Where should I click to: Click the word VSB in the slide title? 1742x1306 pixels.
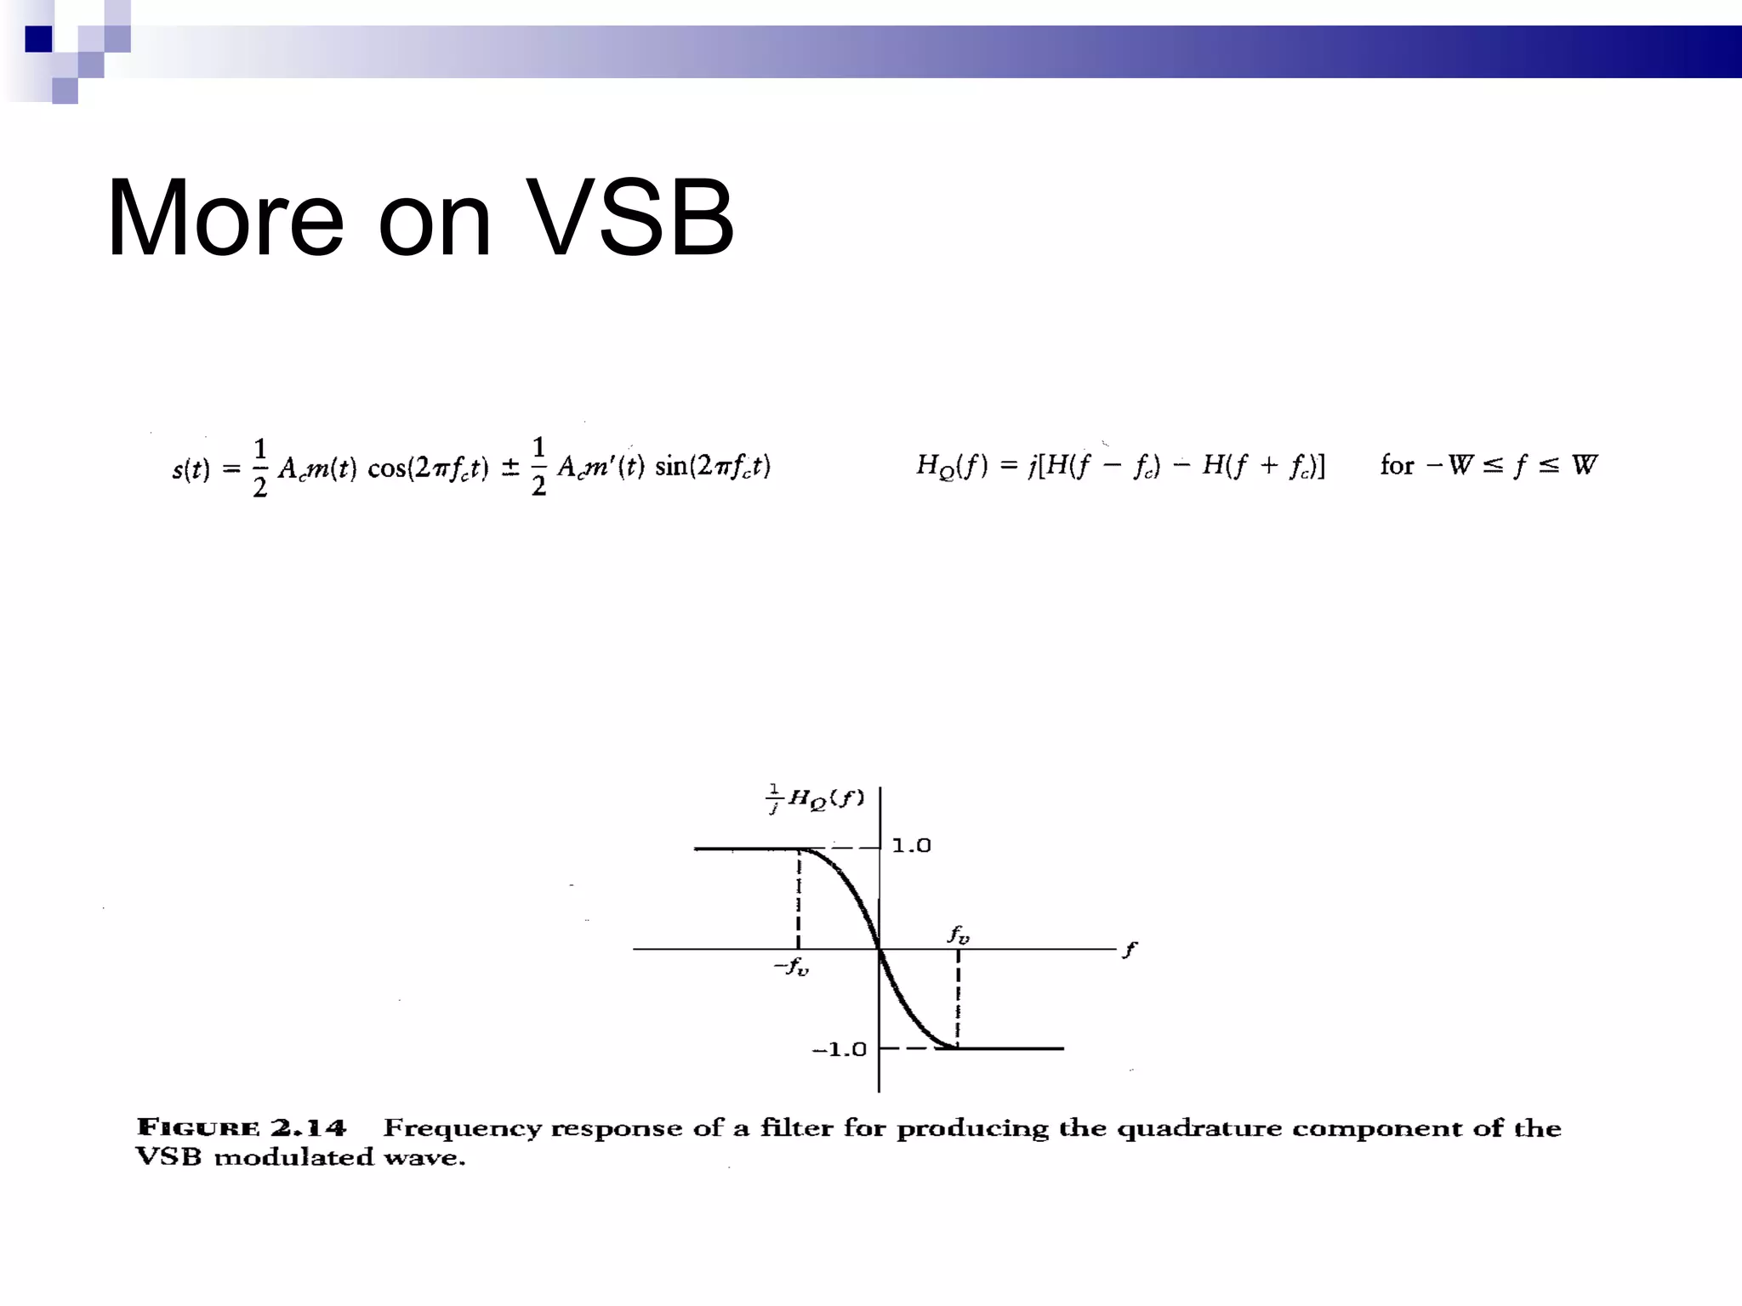pyautogui.click(x=629, y=219)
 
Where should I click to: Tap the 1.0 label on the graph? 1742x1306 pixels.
pyautogui.click(x=911, y=846)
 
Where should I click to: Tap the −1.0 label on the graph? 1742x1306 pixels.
pyautogui.click(x=839, y=1049)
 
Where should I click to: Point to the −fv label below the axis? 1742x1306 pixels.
pyautogui.click(x=791, y=967)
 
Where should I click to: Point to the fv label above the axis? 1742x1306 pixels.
pyautogui.click(x=959, y=934)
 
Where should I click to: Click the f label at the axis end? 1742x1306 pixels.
pyautogui.click(x=1129, y=950)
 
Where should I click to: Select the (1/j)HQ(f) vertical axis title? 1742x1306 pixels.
pyautogui.click(x=815, y=798)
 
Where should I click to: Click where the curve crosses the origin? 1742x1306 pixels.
pyautogui.click(x=880, y=949)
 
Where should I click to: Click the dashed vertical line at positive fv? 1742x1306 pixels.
pyautogui.click(x=959, y=998)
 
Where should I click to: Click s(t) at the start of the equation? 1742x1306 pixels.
pyautogui.click(x=191, y=468)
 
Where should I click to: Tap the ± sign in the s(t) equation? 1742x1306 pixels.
pyautogui.click(x=510, y=468)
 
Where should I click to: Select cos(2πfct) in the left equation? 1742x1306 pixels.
pyautogui.click(x=428, y=468)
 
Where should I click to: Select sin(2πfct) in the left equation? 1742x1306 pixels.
pyautogui.click(x=713, y=466)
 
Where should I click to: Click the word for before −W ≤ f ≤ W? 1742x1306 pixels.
pyautogui.click(x=1396, y=465)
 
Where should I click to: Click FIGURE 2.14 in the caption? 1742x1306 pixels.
pyautogui.click(x=242, y=1128)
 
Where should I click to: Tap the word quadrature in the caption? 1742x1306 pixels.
pyautogui.click(x=1199, y=1129)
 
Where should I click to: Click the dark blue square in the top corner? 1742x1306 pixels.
pyautogui.click(x=38, y=39)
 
